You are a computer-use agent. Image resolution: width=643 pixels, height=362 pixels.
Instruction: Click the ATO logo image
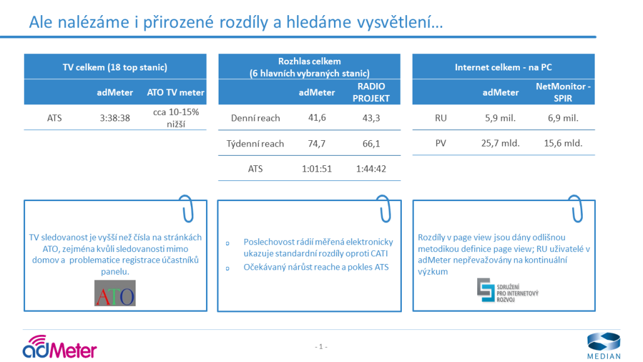(x=115, y=293)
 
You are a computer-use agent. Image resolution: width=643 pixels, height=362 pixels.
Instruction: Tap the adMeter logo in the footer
(x=60, y=347)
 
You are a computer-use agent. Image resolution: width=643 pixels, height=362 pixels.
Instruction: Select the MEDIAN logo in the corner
(x=603, y=346)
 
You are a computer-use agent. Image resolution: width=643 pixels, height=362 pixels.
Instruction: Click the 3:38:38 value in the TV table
(x=115, y=118)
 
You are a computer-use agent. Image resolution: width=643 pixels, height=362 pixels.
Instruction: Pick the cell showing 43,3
(x=371, y=118)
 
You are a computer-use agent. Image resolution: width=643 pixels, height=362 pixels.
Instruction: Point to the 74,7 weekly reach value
(x=316, y=144)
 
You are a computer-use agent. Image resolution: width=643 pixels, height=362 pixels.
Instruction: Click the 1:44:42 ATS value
(x=371, y=168)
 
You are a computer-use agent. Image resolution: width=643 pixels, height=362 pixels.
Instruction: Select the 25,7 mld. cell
(x=500, y=143)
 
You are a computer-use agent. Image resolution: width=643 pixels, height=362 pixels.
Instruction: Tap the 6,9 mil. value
(x=563, y=118)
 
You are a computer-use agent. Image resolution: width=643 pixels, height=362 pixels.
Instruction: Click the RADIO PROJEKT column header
(x=371, y=92)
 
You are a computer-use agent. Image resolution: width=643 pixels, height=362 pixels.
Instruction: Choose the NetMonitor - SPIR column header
(x=563, y=92)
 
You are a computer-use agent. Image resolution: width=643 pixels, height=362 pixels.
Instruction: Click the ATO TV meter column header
(x=176, y=92)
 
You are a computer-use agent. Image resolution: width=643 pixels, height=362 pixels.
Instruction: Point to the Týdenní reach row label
(x=255, y=144)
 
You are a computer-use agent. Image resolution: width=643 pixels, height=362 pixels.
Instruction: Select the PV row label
(x=441, y=143)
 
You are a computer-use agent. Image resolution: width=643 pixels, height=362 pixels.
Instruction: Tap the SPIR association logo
(x=507, y=290)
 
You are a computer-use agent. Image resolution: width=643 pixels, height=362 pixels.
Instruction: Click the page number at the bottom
(x=321, y=347)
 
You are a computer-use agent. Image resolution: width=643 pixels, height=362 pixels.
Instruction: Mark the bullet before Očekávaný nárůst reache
(x=227, y=268)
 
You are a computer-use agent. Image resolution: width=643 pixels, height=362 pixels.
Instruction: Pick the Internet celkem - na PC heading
(x=503, y=67)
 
